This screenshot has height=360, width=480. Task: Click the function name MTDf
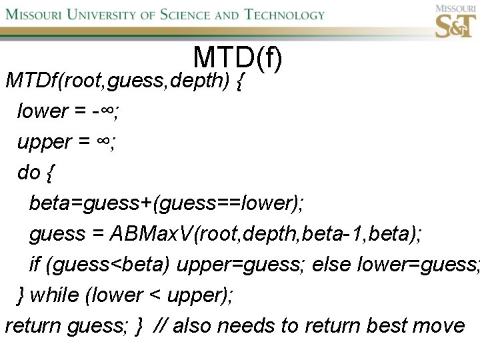[31, 81]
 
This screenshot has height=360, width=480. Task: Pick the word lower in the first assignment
[43, 111]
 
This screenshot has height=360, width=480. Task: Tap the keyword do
[29, 173]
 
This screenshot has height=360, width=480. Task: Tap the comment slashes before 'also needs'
[160, 326]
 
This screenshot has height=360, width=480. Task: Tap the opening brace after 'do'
[51, 173]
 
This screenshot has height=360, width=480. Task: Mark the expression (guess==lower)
[226, 203]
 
